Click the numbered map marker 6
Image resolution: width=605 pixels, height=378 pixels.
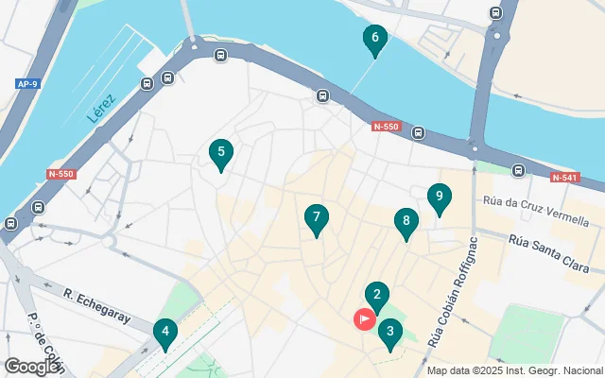pos(374,40)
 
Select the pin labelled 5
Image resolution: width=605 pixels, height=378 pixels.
pos(220,153)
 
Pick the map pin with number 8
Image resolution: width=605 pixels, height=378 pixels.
pos(405,222)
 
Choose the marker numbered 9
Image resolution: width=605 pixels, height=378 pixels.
pos(438,198)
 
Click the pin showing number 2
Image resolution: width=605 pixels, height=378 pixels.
pos(377,296)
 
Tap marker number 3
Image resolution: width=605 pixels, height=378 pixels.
pos(389,333)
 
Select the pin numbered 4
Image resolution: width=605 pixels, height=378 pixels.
pos(165,333)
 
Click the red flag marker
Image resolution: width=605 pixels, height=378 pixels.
pos(364,319)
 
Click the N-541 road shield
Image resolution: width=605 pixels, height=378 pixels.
pos(566,177)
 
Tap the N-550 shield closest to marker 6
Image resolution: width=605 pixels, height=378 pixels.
pos(387,127)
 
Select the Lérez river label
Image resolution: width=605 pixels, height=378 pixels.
pos(100,111)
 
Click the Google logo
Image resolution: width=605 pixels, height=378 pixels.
pos(31,366)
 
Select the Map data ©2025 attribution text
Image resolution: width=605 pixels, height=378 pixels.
pos(513,370)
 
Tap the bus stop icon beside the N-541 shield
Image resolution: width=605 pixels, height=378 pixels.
pos(518,170)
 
